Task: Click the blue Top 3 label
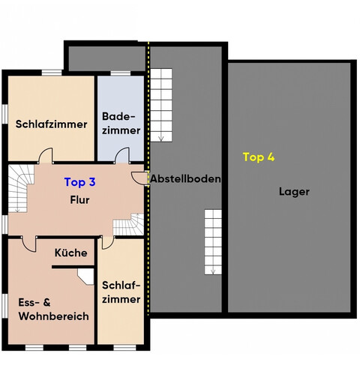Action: pyautogui.click(x=79, y=181)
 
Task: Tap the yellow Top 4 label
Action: pyautogui.click(x=259, y=157)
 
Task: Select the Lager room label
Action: pyautogui.click(x=294, y=191)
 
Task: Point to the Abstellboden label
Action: pyautogui.click(x=185, y=179)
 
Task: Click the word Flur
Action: pyautogui.click(x=79, y=200)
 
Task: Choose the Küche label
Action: pyautogui.click(x=71, y=253)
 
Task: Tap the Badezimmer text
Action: pyautogui.click(x=121, y=124)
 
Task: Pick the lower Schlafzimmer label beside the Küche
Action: pyautogui.click(x=120, y=293)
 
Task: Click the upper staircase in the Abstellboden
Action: pyautogui.click(x=162, y=105)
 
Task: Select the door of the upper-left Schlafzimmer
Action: pyautogui.click(x=46, y=155)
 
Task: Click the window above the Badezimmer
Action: pyautogui.click(x=121, y=73)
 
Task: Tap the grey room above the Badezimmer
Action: pyautogui.click(x=106, y=57)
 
